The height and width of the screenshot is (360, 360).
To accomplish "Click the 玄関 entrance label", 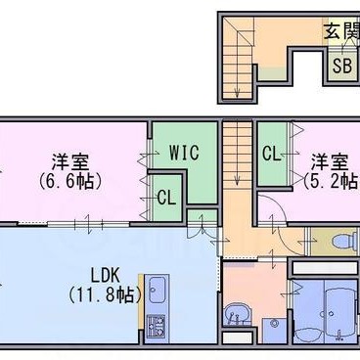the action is pos(341,31).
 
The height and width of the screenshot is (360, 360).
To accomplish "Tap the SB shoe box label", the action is pos(342,67).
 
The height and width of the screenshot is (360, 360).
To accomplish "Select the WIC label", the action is pos(184,152).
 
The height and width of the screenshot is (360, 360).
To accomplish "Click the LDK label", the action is pos(106,276).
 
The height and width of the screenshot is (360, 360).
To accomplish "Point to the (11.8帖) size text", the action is pos(106,295).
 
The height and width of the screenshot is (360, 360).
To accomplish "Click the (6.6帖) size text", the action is pos(70,181).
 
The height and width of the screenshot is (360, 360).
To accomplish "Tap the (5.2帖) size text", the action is pos(332,181).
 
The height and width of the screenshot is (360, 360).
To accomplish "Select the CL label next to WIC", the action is pos(166,198).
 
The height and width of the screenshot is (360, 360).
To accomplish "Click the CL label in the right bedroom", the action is pos(272,154).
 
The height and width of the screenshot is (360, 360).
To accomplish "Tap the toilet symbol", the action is pos(345,242).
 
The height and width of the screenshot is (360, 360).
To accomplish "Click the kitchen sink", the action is pos(157,290).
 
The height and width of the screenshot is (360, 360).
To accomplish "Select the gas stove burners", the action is pos(156,327).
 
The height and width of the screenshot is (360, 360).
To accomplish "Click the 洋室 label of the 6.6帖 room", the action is pos(70,161).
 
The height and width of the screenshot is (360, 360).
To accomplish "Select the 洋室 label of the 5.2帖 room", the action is pos(329,161).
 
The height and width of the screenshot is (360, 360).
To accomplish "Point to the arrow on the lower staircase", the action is pos(238,154).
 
